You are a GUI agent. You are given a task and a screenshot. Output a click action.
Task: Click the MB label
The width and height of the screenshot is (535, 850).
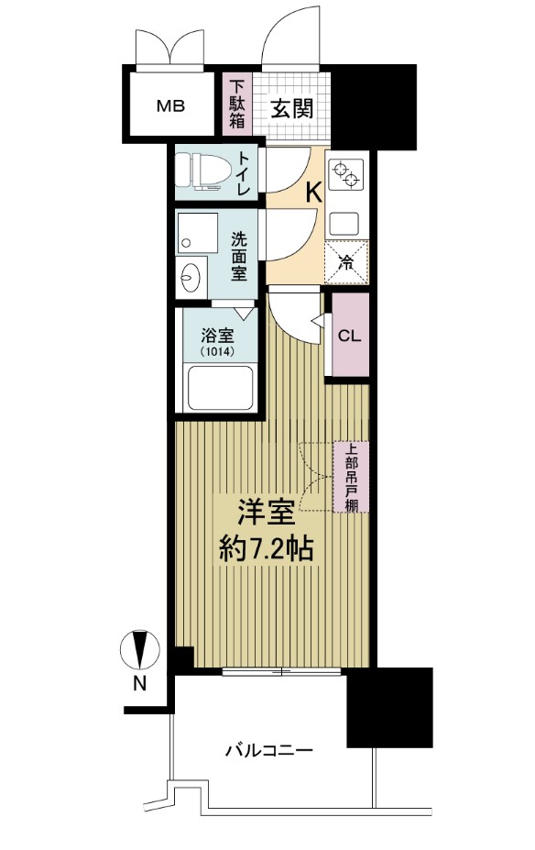point(169,105)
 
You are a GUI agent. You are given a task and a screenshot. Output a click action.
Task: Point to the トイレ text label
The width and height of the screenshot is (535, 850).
point(245,173)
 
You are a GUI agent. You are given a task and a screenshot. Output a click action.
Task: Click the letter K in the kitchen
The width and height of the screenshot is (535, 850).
point(312,193)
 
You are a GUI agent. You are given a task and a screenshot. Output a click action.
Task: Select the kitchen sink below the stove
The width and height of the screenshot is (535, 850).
point(346,221)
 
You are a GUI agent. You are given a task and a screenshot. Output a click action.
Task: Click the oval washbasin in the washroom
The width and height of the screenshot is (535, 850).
point(192,276)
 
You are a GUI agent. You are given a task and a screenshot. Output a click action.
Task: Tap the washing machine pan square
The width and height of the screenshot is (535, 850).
point(199,235)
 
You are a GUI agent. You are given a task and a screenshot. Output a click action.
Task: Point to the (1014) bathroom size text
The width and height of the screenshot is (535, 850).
point(217,349)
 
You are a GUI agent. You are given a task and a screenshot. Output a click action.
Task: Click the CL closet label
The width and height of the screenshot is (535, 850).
point(350,335)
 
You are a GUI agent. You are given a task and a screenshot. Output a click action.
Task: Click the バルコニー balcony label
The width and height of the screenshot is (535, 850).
point(269,750)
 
